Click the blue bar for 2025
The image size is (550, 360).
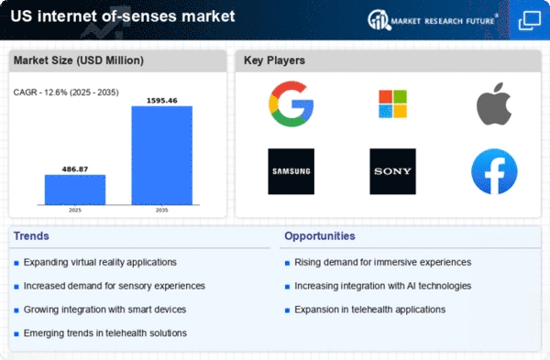point(75,190)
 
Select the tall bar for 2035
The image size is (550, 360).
point(161,156)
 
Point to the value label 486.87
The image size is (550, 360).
point(75,169)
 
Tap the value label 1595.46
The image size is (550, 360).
point(161,101)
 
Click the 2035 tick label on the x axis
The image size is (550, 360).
point(161,211)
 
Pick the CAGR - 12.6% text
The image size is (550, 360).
point(40,93)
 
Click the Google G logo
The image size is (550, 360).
point(291,104)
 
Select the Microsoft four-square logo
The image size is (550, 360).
point(393,104)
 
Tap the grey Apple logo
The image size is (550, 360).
point(494,104)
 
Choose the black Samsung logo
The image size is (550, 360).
point(291,171)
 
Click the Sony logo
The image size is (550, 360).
point(393,171)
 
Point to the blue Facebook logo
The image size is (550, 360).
point(494,171)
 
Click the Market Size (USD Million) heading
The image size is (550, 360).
point(79,60)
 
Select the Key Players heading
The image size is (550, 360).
point(274,60)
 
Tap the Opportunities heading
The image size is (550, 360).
point(320,236)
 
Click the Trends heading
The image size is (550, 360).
point(31,236)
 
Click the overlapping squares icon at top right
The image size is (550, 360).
point(530,21)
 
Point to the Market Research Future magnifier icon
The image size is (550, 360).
point(379,20)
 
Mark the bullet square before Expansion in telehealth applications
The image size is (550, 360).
point(287,311)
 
